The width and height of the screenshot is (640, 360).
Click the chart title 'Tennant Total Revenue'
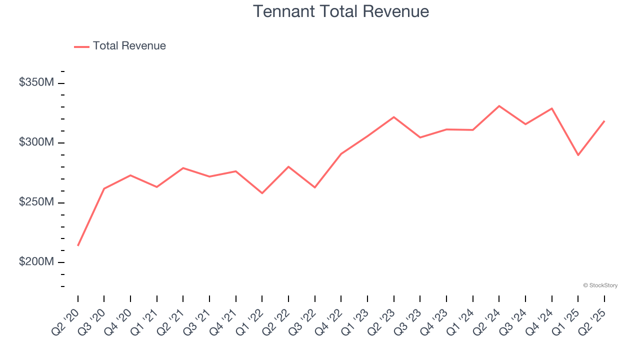341,11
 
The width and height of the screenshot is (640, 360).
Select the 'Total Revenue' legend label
129,46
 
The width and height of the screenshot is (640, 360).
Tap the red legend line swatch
81,46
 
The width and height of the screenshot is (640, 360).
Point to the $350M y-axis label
36,82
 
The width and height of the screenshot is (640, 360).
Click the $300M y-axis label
36,142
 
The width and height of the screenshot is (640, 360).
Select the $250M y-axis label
36,202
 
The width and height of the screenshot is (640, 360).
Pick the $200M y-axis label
36,262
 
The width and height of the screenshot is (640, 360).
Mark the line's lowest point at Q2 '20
78,245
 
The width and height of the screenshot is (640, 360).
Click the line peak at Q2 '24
499,106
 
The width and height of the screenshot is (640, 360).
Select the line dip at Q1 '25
578,155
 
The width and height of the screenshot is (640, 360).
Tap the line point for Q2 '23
394,117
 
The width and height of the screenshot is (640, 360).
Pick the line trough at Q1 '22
262,193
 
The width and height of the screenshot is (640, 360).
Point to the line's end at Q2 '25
604,121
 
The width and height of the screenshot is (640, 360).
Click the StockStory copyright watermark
600,285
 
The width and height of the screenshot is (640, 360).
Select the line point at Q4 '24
552,108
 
